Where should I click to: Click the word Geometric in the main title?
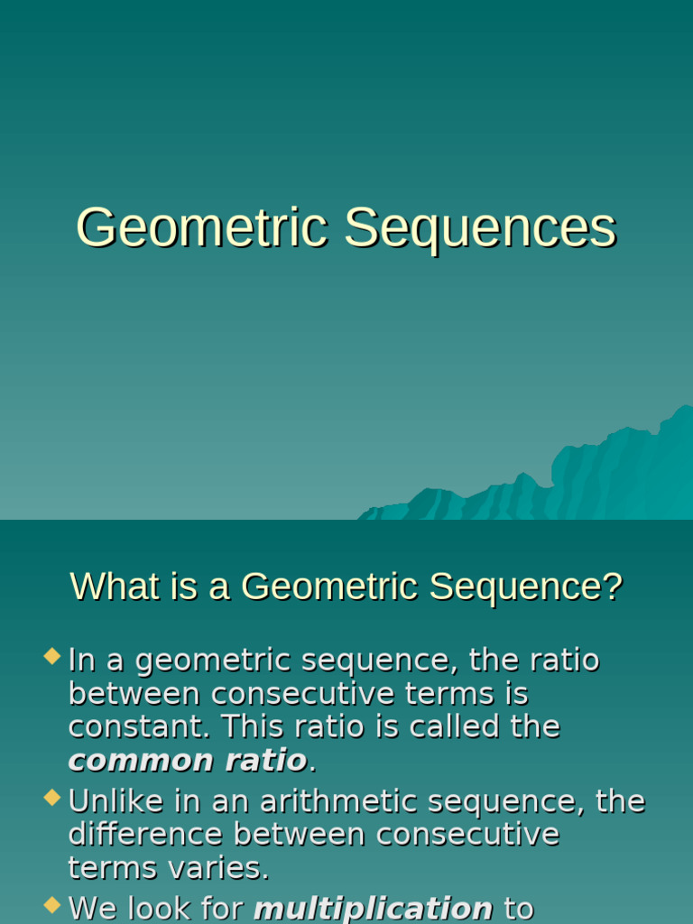(200, 227)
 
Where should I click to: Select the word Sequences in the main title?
(480, 227)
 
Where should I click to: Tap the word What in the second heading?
(110, 587)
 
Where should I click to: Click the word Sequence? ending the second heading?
(525, 587)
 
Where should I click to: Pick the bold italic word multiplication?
(373, 908)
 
